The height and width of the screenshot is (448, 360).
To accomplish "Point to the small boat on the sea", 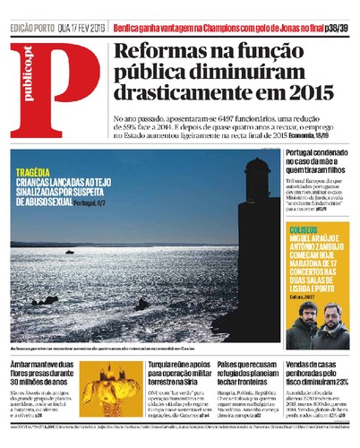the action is pyautogui.click(x=70, y=252).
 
